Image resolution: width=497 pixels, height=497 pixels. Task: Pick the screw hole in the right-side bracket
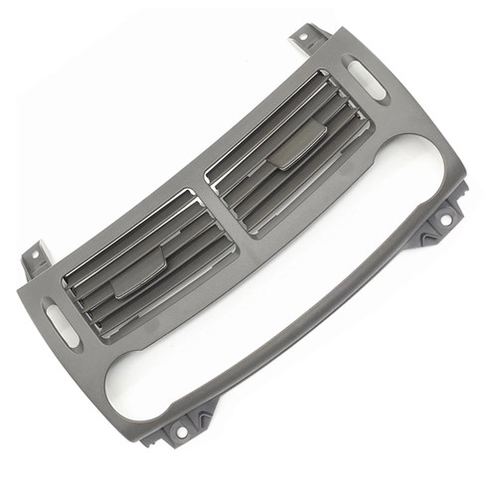click(x=446, y=218)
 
